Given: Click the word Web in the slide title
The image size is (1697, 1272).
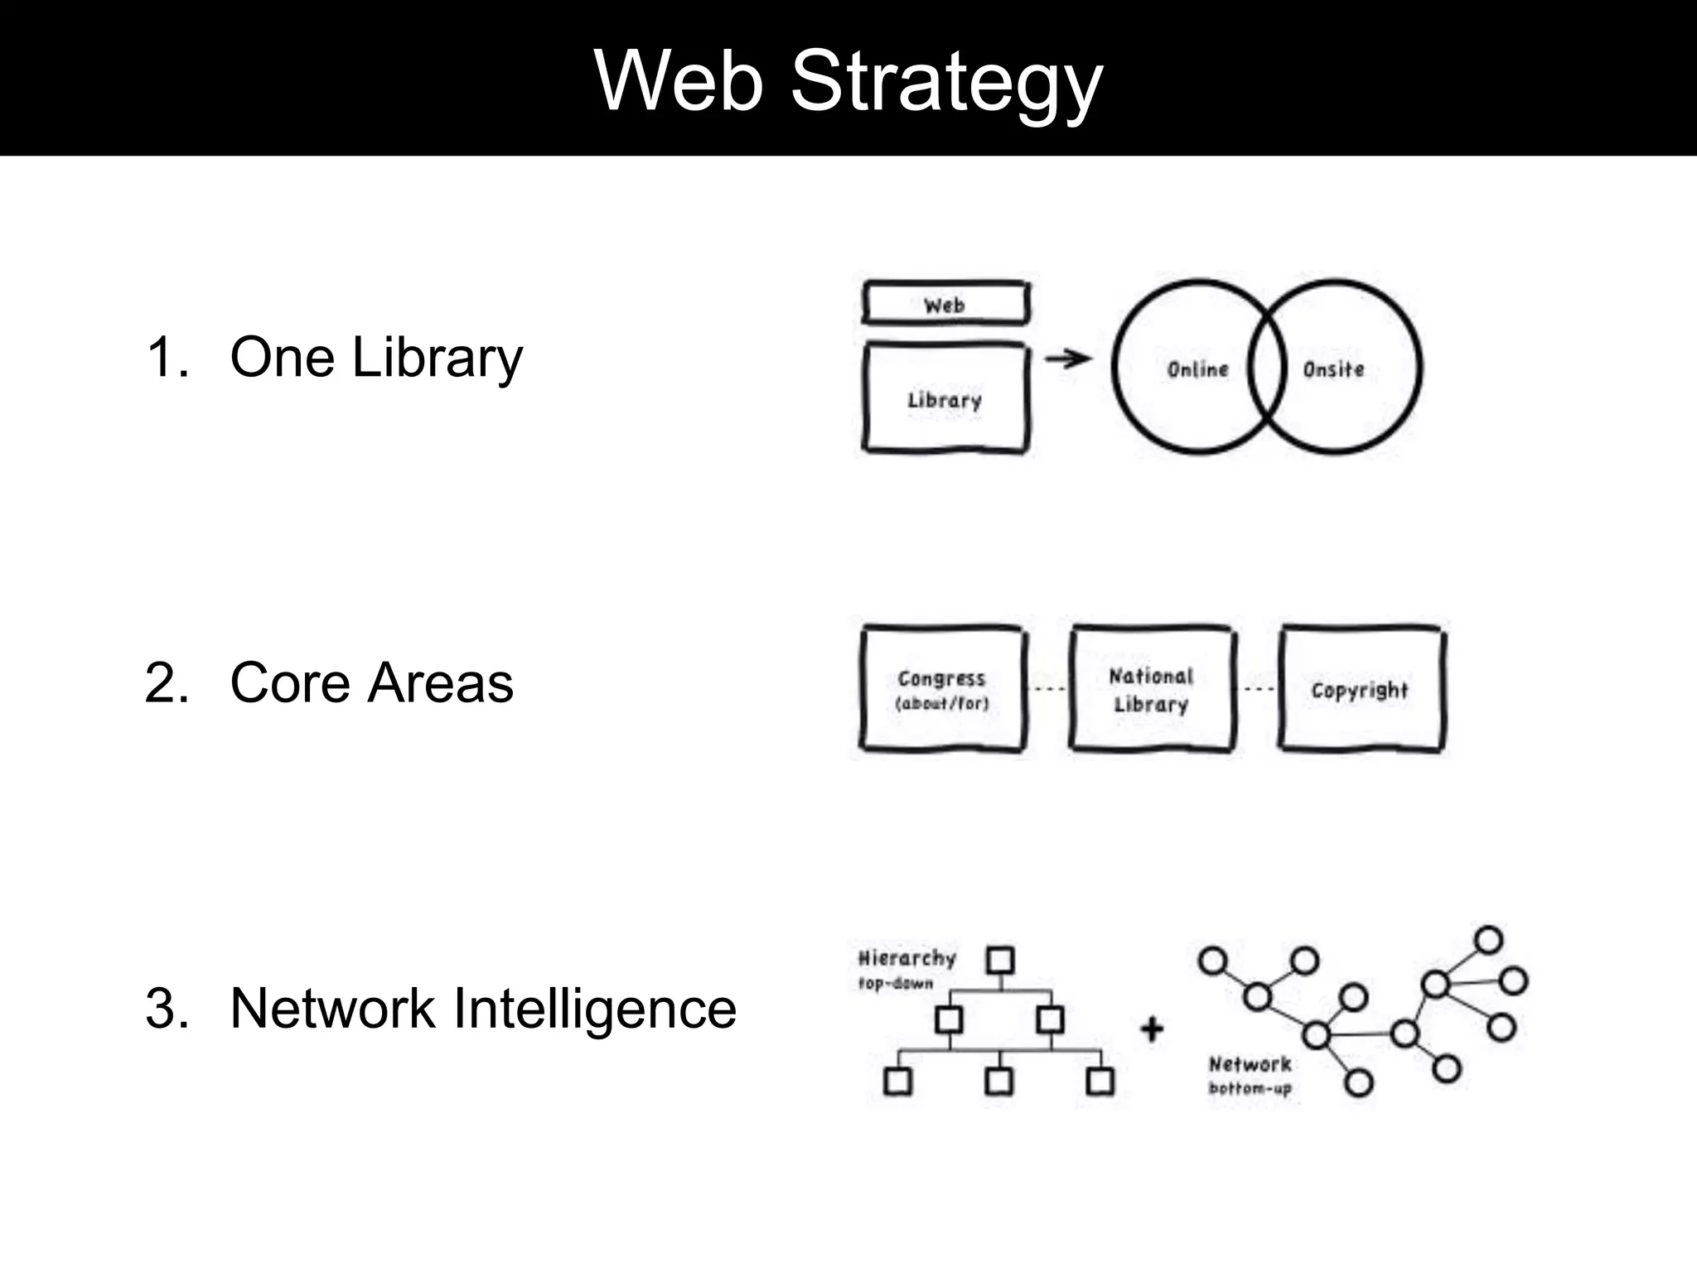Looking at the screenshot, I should point(679,81).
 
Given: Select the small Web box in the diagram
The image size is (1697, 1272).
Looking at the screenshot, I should point(945,305).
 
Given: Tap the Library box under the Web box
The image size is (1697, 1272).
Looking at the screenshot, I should point(945,399).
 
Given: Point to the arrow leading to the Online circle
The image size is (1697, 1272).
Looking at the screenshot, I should point(1068,359).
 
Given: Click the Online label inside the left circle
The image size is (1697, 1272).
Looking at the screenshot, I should point(1197,369).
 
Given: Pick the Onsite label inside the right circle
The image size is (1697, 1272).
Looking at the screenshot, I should point(1333,369).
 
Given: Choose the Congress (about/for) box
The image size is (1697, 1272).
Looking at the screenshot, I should point(942,689).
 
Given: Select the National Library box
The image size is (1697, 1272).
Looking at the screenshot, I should point(1152,689).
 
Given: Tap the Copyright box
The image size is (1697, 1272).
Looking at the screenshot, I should point(1361,689).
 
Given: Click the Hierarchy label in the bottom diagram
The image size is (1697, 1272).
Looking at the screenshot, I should point(907,958).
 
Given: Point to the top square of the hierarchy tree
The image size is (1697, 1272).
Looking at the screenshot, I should point(1000,961).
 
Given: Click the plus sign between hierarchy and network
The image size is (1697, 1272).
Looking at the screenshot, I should point(1152,1029).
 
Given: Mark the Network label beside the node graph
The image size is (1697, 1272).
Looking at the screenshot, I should point(1250,1064).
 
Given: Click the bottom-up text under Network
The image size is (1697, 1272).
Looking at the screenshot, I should point(1250,1088).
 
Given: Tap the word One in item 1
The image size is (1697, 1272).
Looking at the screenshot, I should point(283,358).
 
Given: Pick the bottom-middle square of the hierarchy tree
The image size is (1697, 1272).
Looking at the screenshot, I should point(999,1082).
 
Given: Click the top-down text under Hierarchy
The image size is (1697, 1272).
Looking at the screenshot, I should point(896,984).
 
